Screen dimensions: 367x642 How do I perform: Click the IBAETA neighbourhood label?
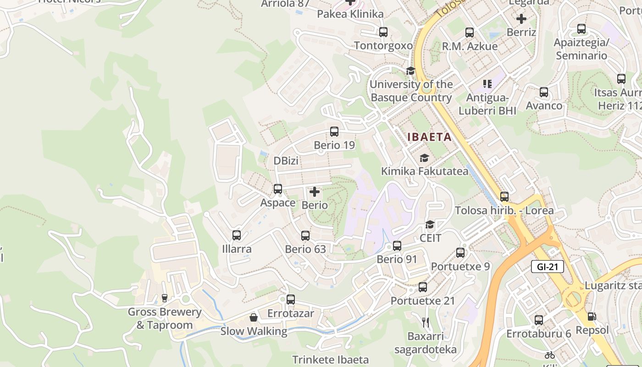(430, 137)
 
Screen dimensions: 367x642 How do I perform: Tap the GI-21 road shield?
(547, 267)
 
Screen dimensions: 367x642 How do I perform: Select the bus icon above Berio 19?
(334, 132)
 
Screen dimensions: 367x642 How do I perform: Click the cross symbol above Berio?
(315, 192)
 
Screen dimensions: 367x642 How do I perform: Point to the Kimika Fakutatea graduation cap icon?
(425, 158)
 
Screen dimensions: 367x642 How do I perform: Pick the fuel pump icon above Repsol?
(592, 317)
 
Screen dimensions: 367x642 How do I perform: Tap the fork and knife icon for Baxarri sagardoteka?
(426, 323)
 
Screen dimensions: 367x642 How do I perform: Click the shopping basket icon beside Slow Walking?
(253, 317)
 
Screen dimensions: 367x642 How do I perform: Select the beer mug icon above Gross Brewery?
(165, 298)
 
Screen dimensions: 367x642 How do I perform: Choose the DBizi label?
(286, 161)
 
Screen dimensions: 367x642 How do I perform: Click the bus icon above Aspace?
(278, 189)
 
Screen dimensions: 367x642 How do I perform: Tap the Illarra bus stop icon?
(237, 235)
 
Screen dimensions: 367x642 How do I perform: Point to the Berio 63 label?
(305, 249)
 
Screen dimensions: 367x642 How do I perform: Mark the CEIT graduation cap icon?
(430, 224)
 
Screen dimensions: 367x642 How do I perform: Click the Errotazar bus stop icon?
(291, 300)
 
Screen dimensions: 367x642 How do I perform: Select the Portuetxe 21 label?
(422, 301)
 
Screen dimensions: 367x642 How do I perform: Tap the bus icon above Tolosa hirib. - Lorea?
(504, 197)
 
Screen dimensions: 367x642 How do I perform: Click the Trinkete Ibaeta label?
(330, 360)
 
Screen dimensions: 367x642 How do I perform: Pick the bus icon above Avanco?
(544, 92)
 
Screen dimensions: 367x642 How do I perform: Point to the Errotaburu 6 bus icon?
(539, 320)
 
